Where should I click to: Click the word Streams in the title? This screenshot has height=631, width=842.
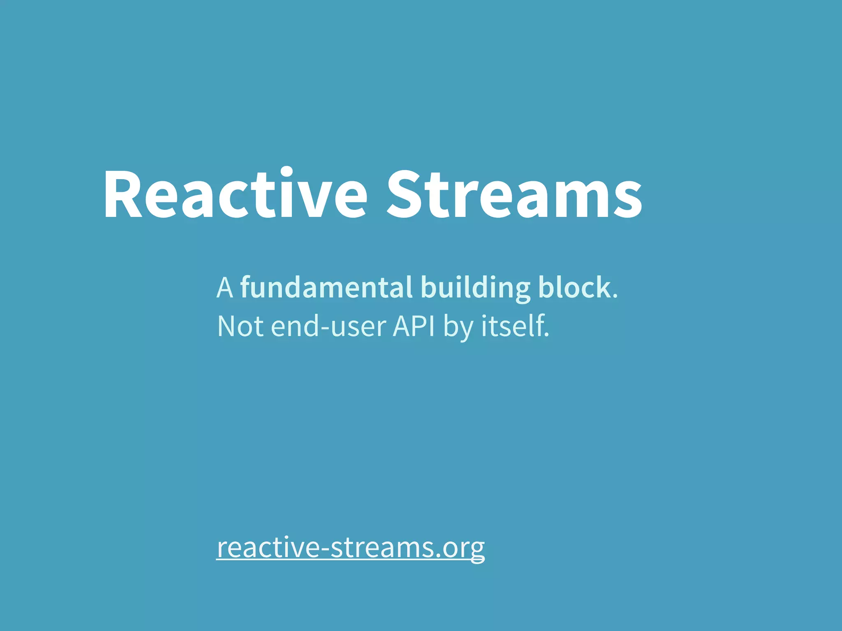click(x=514, y=194)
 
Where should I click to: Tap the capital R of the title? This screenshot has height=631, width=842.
click(x=123, y=194)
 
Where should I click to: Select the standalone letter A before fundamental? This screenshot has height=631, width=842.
click(x=225, y=288)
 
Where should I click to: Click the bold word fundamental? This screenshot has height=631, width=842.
click(x=326, y=288)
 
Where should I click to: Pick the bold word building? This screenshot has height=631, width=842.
click(x=475, y=288)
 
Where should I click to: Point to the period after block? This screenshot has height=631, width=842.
click(x=615, y=296)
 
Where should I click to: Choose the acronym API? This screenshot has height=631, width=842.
click(x=414, y=327)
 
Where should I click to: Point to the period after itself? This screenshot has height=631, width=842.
click(x=546, y=335)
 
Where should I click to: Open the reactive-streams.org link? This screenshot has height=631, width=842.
click(x=351, y=548)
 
